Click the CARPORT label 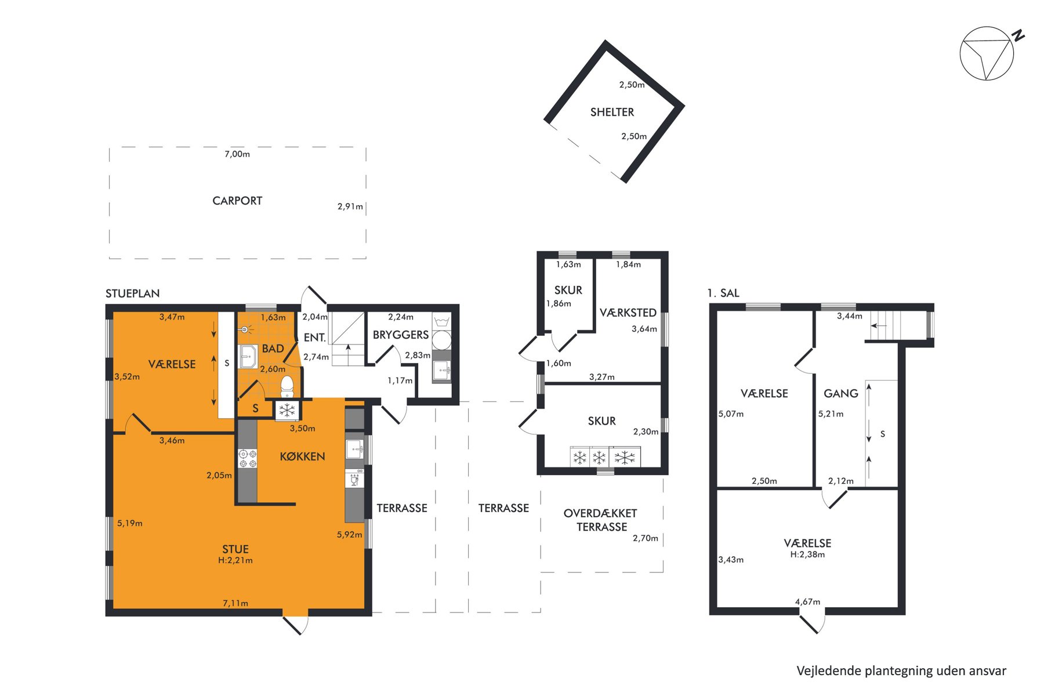coord(237,201)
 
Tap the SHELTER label coord(612,112)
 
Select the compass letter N coord(1018,35)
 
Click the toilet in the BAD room coord(287,386)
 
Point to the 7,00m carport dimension coord(237,154)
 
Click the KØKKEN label coord(302,456)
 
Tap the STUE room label coord(235,549)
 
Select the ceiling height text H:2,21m coord(235,561)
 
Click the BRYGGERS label coord(401,335)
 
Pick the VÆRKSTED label coord(628,313)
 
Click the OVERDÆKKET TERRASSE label coord(601,520)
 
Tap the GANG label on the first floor coord(841,393)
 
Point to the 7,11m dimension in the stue coord(235,603)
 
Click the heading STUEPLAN coord(133,293)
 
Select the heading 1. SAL coord(723,293)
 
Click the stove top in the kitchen coord(248,458)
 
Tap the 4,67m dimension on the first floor coord(807,601)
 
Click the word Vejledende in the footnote coord(828,671)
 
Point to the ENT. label coord(315,338)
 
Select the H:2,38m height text coord(807,554)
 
